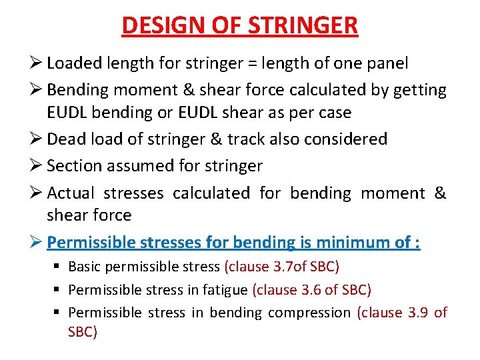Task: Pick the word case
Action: point(333,112)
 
